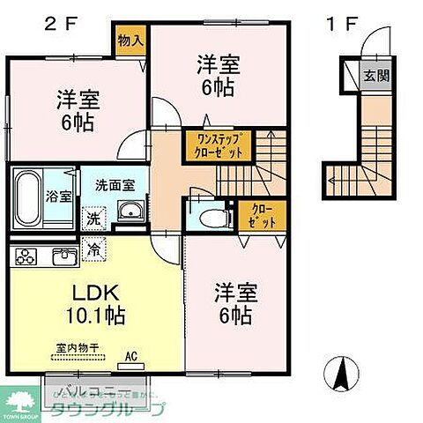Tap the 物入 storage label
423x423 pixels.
(x=130, y=40)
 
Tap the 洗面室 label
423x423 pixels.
(x=115, y=186)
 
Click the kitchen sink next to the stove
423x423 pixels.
(x=63, y=257)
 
